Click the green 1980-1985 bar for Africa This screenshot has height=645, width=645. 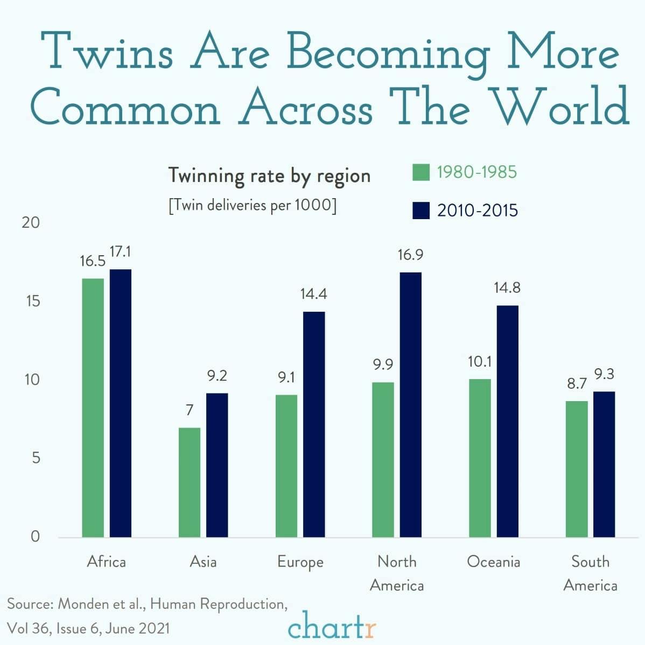[x=93, y=408]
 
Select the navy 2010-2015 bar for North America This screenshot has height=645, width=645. [x=410, y=405]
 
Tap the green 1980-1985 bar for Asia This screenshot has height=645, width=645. [x=190, y=482]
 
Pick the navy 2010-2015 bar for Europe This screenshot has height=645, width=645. [x=314, y=424]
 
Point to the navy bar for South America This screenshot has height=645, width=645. [x=604, y=464]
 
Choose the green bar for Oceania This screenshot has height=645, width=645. [x=480, y=458]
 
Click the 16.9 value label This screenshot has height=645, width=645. [x=410, y=255]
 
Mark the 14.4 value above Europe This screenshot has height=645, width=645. [x=314, y=294]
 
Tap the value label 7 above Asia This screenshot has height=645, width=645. [x=190, y=410]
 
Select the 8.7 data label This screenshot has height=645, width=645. [x=577, y=383]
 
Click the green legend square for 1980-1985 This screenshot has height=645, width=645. [x=420, y=172]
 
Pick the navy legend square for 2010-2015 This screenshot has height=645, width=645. [x=420, y=210]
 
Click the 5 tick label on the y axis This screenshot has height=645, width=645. [x=35, y=458]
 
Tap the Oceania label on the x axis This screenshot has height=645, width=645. [x=494, y=562]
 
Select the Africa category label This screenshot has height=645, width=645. [x=107, y=562]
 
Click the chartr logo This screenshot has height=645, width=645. [x=332, y=627]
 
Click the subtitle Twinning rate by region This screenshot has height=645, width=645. [x=269, y=176]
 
